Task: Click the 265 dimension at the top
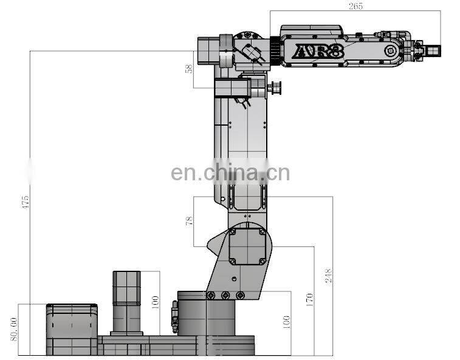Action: coord(355,7)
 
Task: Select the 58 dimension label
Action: coord(188,69)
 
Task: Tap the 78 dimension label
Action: coord(189,221)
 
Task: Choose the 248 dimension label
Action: coord(328,276)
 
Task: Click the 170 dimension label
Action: coord(309,299)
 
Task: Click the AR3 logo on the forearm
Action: coord(318,52)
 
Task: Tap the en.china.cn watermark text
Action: coord(230,173)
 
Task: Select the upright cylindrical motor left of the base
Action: coord(126,302)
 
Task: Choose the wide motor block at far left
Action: coord(72,329)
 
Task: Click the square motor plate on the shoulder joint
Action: coord(247,246)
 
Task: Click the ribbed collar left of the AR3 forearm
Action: coord(274,50)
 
